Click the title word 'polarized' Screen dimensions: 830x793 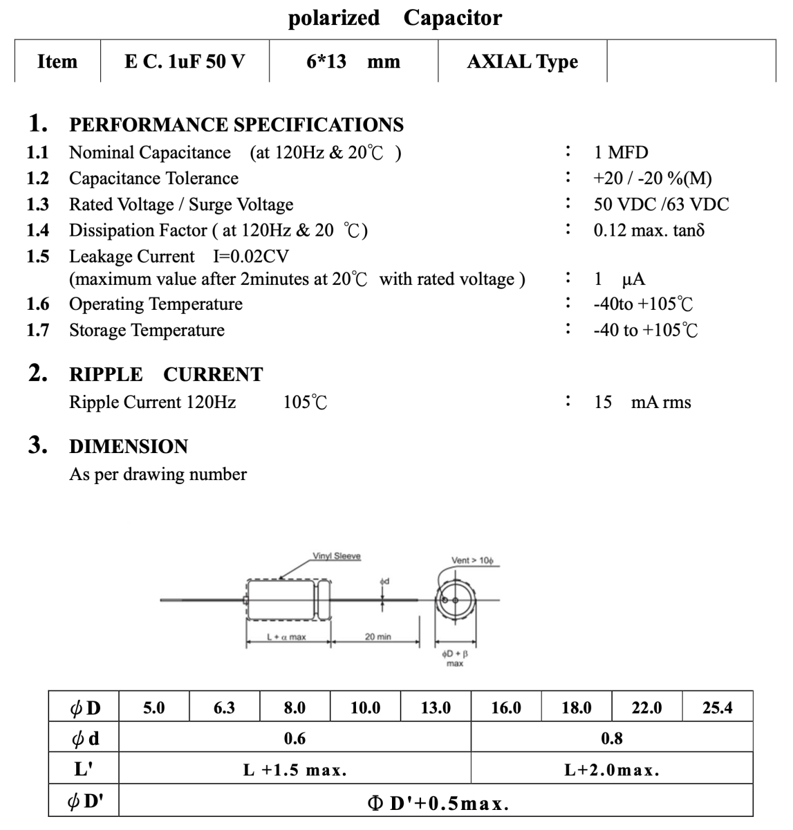(x=333, y=17)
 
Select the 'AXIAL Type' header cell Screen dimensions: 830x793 (x=522, y=62)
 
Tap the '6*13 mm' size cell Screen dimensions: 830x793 (x=353, y=62)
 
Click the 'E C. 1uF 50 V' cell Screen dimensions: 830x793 (x=185, y=62)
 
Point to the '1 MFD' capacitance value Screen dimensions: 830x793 (x=621, y=153)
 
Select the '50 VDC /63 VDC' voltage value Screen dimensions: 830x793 (x=661, y=205)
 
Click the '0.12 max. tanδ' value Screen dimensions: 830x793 (x=649, y=230)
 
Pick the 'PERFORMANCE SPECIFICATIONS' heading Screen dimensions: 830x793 (x=236, y=125)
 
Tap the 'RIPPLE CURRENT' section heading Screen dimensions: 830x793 (x=166, y=375)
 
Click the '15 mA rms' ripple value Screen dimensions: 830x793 (x=642, y=403)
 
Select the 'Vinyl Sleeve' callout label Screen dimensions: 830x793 (x=337, y=556)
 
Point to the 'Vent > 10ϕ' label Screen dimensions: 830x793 (x=472, y=560)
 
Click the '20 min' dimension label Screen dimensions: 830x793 (x=377, y=636)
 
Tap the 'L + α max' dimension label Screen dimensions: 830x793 (x=286, y=636)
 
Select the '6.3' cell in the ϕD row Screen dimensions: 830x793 (x=224, y=708)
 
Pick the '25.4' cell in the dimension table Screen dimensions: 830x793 (x=717, y=708)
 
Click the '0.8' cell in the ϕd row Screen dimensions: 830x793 (x=611, y=739)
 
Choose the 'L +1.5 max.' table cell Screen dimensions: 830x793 (x=295, y=770)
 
